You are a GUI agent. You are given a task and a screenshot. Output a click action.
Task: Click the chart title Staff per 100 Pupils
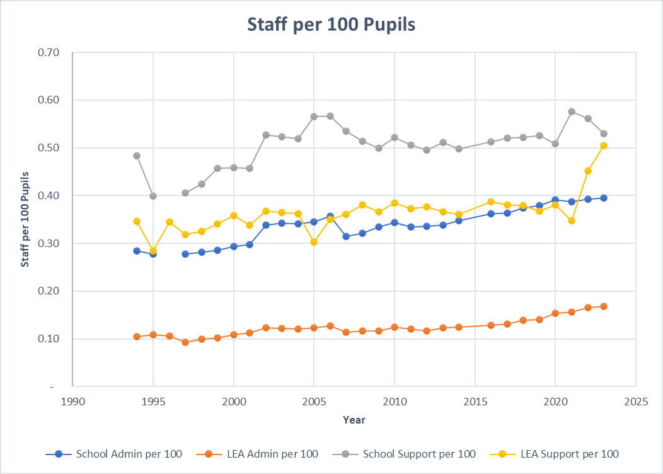(331, 25)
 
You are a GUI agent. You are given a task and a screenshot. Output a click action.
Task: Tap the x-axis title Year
(354, 420)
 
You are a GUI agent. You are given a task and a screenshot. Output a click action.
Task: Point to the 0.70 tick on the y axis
(49, 53)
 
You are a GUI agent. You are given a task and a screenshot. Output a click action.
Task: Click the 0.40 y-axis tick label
(49, 196)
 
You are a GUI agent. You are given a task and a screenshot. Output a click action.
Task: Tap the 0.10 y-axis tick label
(49, 339)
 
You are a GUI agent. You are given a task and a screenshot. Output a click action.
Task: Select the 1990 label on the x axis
(73, 401)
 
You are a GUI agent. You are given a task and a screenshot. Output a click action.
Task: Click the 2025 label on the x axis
(635, 401)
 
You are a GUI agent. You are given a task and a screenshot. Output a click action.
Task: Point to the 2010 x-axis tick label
(395, 401)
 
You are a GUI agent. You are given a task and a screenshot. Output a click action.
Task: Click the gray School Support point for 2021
(572, 112)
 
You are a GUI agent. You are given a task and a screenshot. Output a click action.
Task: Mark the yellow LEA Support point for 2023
(604, 146)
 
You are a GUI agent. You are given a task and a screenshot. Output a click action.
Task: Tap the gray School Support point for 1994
(137, 156)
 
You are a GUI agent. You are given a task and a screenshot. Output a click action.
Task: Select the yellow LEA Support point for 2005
(314, 242)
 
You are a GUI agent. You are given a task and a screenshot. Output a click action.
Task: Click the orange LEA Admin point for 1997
(185, 342)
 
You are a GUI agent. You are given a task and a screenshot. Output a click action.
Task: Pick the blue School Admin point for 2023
(604, 198)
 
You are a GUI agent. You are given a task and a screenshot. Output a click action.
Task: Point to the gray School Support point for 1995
(153, 196)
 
